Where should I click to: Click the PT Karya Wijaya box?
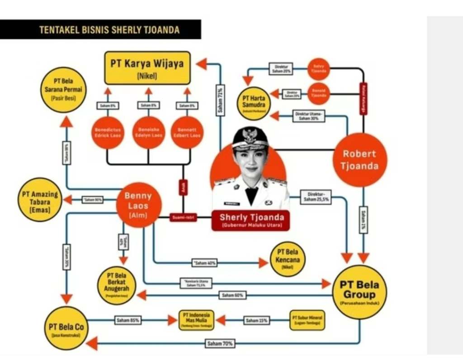tap(147, 68)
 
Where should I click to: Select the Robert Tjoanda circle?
tap(360, 160)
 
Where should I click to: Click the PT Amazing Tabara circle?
tap(40, 199)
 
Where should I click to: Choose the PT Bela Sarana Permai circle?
tap(63, 89)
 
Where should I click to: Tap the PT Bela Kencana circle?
tap(288, 259)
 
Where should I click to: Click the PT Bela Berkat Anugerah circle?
tap(116, 285)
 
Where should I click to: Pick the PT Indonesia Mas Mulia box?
tap(196, 320)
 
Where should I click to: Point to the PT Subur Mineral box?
tap(307, 320)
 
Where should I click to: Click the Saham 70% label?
tap(220, 344)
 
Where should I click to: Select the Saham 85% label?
tap(128, 320)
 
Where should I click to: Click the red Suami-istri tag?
tap(183, 218)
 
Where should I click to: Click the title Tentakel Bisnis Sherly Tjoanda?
tap(109, 30)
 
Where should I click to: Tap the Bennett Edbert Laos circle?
tap(187, 132)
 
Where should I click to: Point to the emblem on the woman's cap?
tap(249, 135)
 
